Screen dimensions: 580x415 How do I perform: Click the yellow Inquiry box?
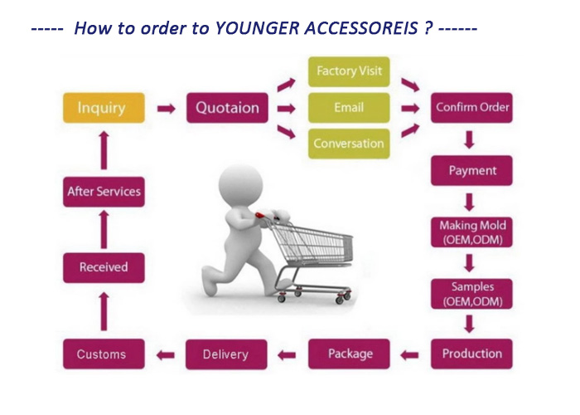pyautogui.click(x=104, y=108)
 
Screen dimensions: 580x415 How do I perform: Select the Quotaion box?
pyautogui.click(x=227, y=108)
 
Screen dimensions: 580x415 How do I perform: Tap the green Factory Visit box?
pyautogui.click(x=349, y=71)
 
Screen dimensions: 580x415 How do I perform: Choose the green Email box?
pyautogui.click(x=349, y=108)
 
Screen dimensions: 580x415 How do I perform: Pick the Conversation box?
pyautogui.click(x=349, y=144)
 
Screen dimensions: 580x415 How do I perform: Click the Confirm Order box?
pyautogui.click(x=471, y=108)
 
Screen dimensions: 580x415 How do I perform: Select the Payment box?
pyautogui.click(x=471, y=170)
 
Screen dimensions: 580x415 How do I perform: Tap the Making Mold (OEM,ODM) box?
pyautogui.click(x=471, y=232)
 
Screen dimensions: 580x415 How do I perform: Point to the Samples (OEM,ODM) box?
pyautogui.click(x=471, y=294)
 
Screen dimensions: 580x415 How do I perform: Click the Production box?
pyautogui.click(x=471, y=354)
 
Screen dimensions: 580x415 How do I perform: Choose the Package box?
pyautogui.click(x=349, y=354)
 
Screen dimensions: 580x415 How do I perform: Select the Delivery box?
pyautogui.click(x=226, y=354)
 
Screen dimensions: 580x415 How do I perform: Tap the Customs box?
pyautogui.click(x=104, y=354)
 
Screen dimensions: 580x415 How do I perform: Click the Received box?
pyautogui.click(x=104, y=267)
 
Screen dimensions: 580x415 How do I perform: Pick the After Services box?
pyautogui.click(x=104, y=192)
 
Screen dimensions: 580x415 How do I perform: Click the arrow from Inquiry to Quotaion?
pyautogui.click(x=166, y=109)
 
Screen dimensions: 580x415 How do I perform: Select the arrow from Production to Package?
pyautogui.click(x=409, y=355)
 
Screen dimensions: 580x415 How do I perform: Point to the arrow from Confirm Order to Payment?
pyautogui.click(x=470, y=139)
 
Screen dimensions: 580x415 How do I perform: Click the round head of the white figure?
pyautogui.click(x=240, y=184)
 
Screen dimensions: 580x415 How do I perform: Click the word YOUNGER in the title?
pyautogui.click(x=257, y=28)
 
